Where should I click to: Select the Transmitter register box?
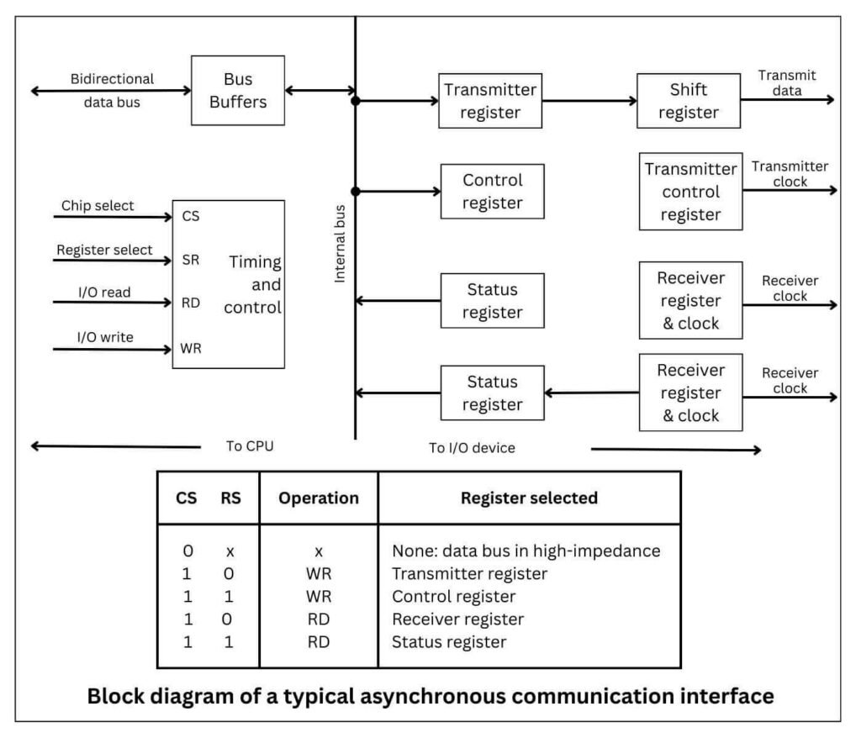click(491, 101)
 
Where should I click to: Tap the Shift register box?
click(689, 101)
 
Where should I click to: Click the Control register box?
click(493, 192)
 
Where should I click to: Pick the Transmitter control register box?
click(690, 192)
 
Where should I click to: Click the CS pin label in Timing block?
click(190, 217)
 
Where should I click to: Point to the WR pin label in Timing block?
click(191, 347)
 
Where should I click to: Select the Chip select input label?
click(98, 206)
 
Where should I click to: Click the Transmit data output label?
click(786, 82)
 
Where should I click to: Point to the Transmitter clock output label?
click(790, 173)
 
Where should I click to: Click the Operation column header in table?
click(319, 498)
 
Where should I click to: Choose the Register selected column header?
click(529, 498)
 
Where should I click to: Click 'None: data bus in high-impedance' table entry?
click(526, 551)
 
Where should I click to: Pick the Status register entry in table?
click(449, 642)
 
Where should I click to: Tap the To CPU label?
click(250, 446)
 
